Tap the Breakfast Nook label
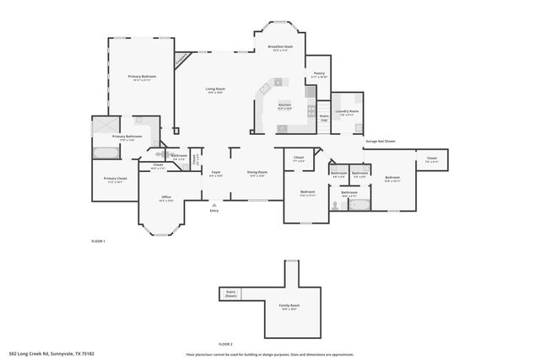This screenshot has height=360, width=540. click(279, 47)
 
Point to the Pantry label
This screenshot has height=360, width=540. click(319, 74)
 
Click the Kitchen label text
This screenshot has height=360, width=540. click(285, 106)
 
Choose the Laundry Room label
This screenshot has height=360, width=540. click(348, 112)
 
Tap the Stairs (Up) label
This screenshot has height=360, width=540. click(323, 118)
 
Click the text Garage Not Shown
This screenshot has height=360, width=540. click(380, 141)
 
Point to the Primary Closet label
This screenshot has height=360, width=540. click(116, 179)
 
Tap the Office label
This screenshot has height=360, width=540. click(166, 198)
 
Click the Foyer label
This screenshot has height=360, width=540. click(216, 173)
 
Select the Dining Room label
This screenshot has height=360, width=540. click(256, 173)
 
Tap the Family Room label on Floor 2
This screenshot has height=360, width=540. click(289, 306)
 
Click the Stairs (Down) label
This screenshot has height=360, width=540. click(230, 294)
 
